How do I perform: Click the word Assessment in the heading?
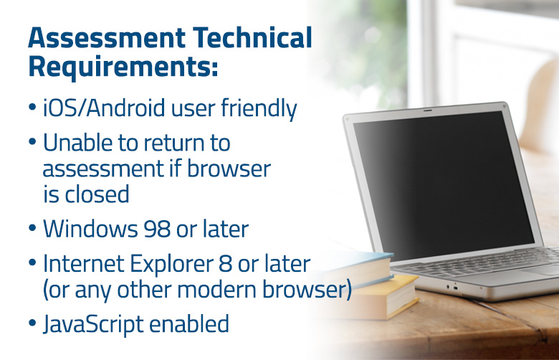click(107, 37)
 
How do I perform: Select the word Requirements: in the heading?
click(123, 67)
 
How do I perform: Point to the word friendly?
click(259, 108)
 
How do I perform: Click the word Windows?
click(90, 229)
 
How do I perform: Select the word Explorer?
click(171, 264)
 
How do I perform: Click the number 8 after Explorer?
click(225, 264)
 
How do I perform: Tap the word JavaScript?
click(93, 324)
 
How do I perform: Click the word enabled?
click(189, 323)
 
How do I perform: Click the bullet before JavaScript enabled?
click(32, 323)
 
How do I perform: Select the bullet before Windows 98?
click(32, 228)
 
